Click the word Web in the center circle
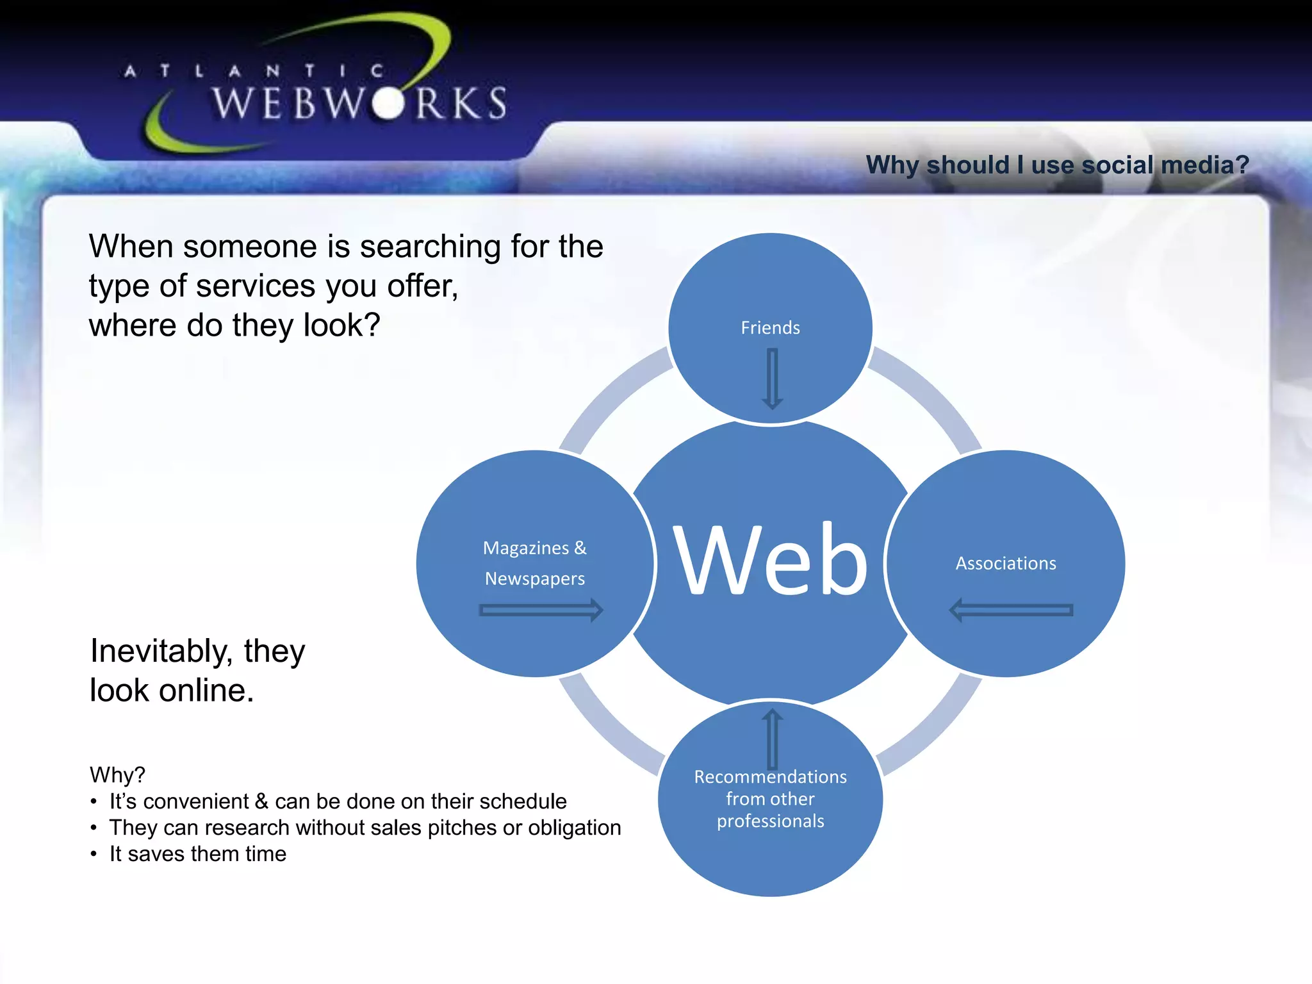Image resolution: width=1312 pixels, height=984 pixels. (x=771, y=559)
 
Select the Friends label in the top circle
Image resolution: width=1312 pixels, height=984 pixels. (x=770, y=328)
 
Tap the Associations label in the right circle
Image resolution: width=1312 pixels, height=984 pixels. (x=1006, y=564)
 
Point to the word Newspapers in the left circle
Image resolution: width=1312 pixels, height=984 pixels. (x=534, y=579)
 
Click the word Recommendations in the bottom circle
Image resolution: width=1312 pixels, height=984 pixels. (x=770, y=777)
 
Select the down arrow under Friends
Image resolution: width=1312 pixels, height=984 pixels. (x=773, y=378)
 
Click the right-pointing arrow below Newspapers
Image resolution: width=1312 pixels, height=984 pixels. (x=541, y=610)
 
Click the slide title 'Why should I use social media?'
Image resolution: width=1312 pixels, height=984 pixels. (x=1057, y=165)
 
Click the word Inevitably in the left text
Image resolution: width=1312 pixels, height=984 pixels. (x=161, y=652)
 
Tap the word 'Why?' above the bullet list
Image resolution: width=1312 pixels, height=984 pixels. (x=117, y=775)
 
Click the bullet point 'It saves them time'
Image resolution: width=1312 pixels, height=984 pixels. (x=197, y=854)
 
